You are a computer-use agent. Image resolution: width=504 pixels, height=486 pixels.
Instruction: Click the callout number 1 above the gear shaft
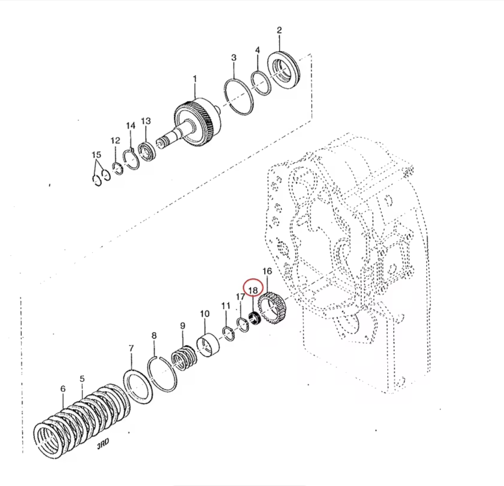tap(195, 79)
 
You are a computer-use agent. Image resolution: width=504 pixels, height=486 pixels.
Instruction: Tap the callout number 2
tap(279, 30)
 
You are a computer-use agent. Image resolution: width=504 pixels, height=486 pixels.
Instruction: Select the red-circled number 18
tap(253, 290)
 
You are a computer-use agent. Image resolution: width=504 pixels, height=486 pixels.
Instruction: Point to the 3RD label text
tap(103, 444)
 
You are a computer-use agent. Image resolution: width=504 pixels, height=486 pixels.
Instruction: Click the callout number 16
tap(267, 271)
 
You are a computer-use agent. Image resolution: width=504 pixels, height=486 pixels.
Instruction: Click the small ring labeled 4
tap(261, 83)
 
